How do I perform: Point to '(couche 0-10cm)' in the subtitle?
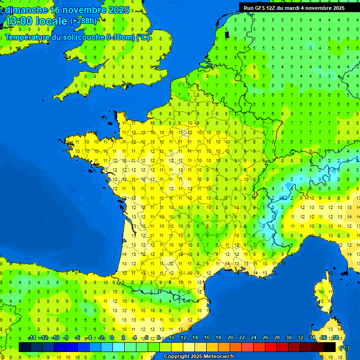pos(105,37)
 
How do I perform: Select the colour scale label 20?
pos(230,338)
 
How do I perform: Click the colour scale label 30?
pos(289,338)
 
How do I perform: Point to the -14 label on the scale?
pos(32,338)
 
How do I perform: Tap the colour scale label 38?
pos(336,338)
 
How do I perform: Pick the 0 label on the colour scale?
pos(112,338)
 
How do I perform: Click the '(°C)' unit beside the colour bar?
pos(345,347)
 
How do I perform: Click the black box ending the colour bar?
pos(330,347)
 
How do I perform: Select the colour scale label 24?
pos(254,338)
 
